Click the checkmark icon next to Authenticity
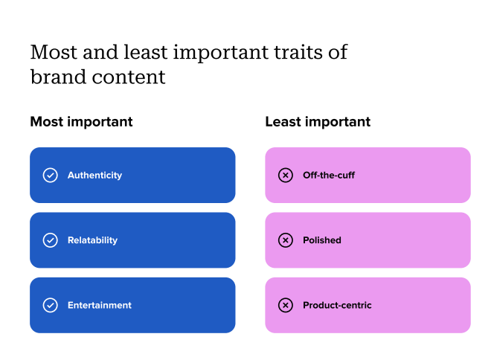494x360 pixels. pos(50,175)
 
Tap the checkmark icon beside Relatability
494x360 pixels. pos(50,240)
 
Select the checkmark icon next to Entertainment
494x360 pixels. pos(50,305)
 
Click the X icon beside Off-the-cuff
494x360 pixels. pos(286,175)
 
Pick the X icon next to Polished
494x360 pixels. pos(286,240)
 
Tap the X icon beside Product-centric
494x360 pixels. pos(286,305)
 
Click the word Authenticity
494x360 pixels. pos(94,175)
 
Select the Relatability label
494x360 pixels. pos(92,240)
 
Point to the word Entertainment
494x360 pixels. pos(100,305)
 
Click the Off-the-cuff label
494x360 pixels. pos(329,175)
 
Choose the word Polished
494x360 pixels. pos(322,240)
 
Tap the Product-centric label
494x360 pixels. pos(337,305)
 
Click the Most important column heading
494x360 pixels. pos(81,122)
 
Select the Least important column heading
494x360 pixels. pos(318,122)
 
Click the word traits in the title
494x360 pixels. pos(298,52)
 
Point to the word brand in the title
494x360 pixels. pos(58,77)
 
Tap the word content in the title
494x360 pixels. pos(129,77)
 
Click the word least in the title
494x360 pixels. pos(146,52)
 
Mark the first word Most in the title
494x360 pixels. pos(54,52)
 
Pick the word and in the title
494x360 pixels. pos(100,52)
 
